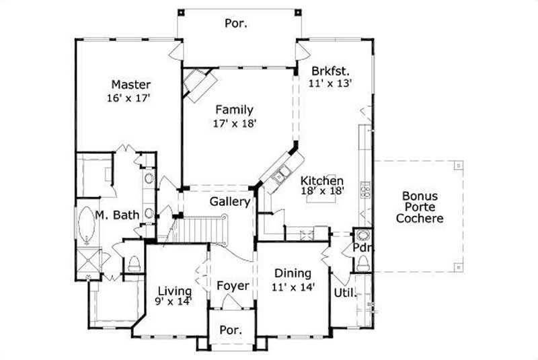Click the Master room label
tap(131, 85)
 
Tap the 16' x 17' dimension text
tap(127, 98)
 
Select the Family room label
tap(234, 110)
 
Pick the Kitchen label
tap(322, 180)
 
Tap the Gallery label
tap(230, 201)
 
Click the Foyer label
tap(233, 286)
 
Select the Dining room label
tap(293, 273)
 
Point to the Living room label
tap(174, 291)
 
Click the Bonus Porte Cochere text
tap(420, 207)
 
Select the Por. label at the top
tap(235, 24)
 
